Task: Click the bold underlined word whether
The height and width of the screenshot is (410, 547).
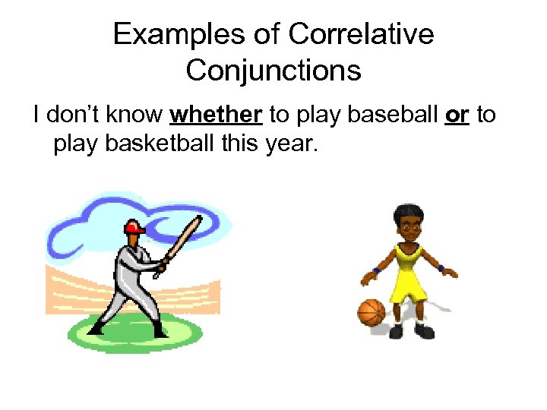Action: tap(217, 115)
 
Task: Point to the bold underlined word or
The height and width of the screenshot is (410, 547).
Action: tap(457, 115)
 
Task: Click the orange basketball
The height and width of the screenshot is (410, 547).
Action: tap(372, 312)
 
